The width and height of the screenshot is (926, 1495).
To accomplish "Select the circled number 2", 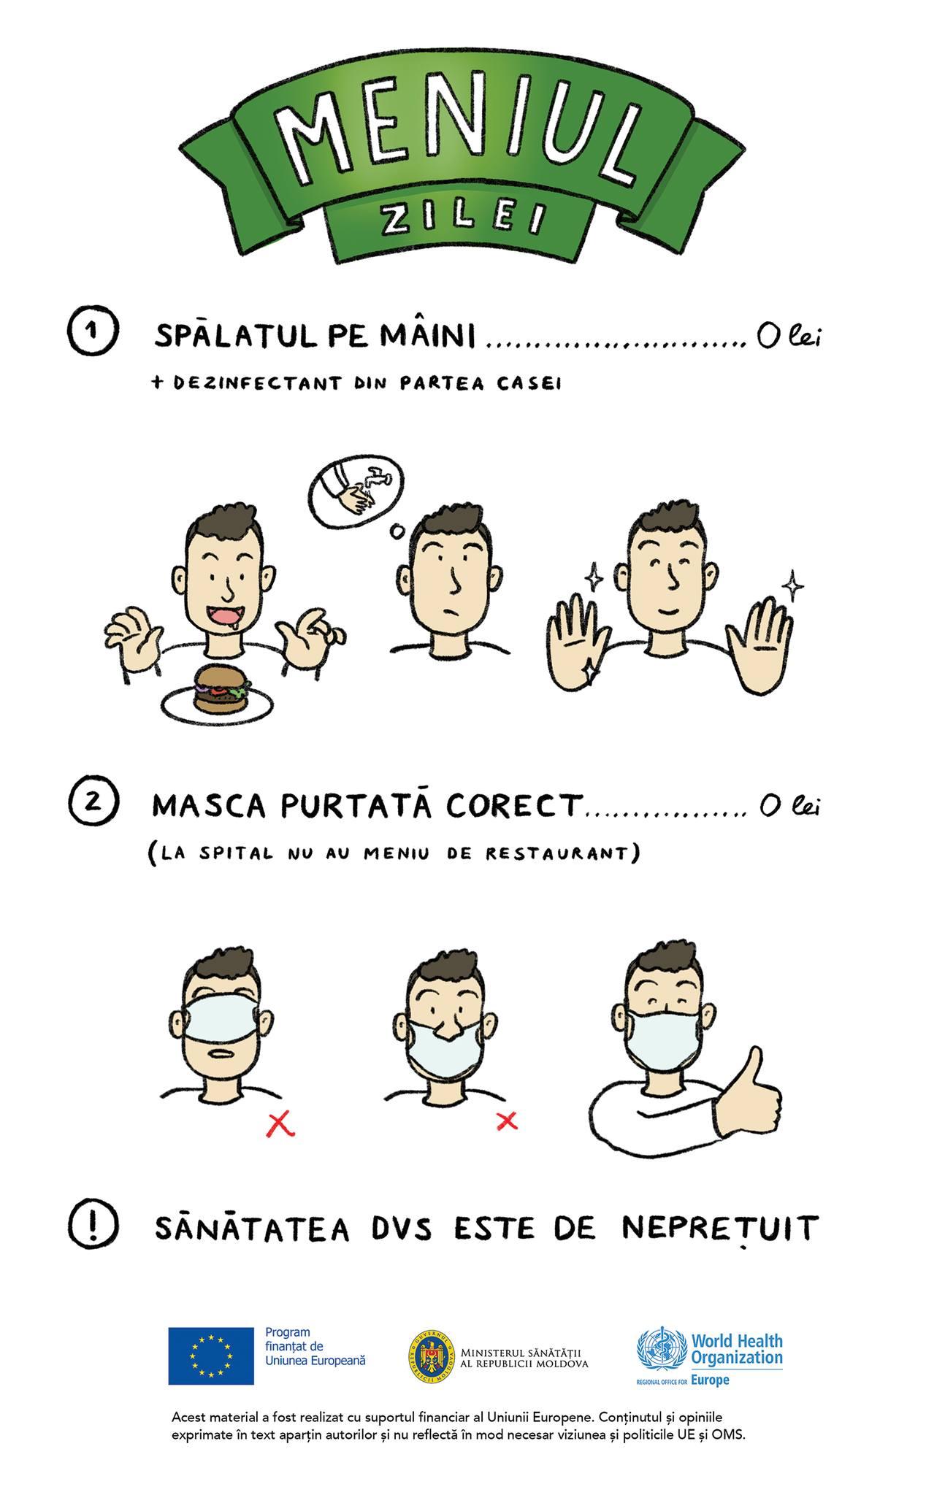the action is point(93,802).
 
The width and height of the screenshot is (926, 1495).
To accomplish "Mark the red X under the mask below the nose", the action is point(507,1121).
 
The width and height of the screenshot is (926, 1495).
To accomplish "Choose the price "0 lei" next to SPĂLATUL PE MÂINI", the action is point(788,337).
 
